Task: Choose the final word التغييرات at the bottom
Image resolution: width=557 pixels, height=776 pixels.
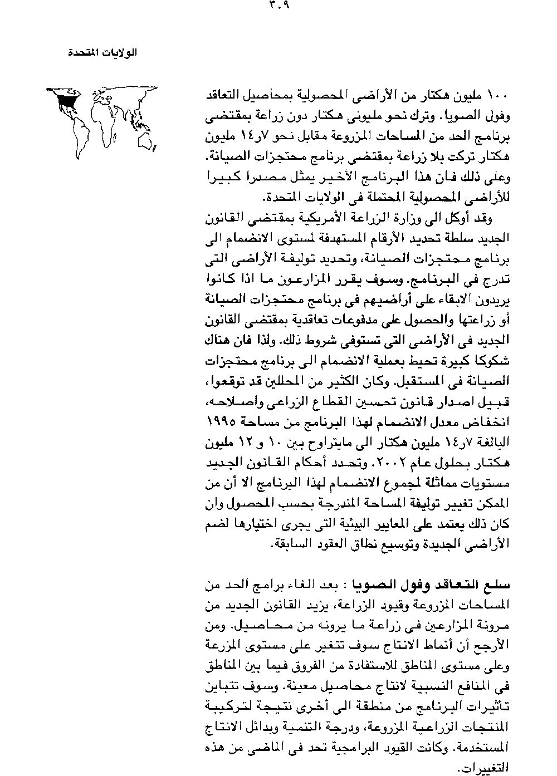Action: coord(490,768)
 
